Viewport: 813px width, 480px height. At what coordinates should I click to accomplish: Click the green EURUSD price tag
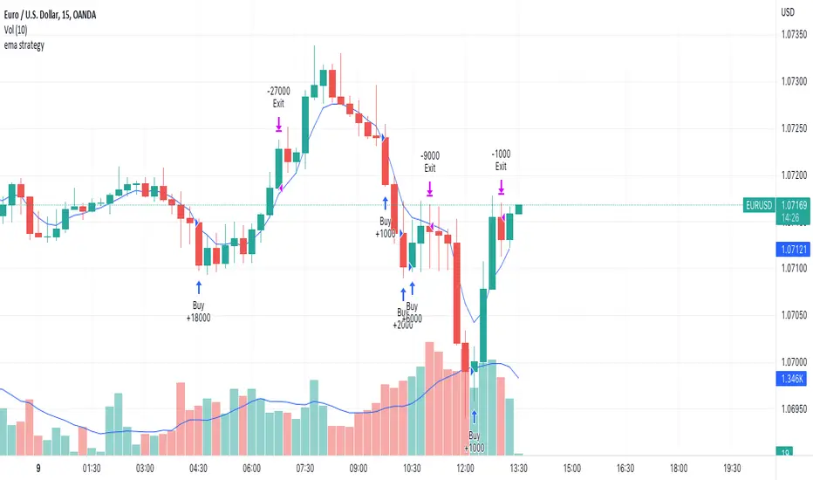coord(758,206)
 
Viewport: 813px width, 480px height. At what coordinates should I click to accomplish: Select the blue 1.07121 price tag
coord(789,250)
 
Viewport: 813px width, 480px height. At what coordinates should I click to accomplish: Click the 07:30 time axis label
coord(304,467)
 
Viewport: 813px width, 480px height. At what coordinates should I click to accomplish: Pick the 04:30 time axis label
coord(197,467)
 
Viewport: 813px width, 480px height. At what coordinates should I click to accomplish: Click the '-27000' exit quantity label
coord(278,90)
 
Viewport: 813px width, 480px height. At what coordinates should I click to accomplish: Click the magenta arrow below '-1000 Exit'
coord(502,187)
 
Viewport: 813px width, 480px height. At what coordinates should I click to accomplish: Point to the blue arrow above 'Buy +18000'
coord(198,285)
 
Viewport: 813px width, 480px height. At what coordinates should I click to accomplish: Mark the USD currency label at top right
coord(787,12)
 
